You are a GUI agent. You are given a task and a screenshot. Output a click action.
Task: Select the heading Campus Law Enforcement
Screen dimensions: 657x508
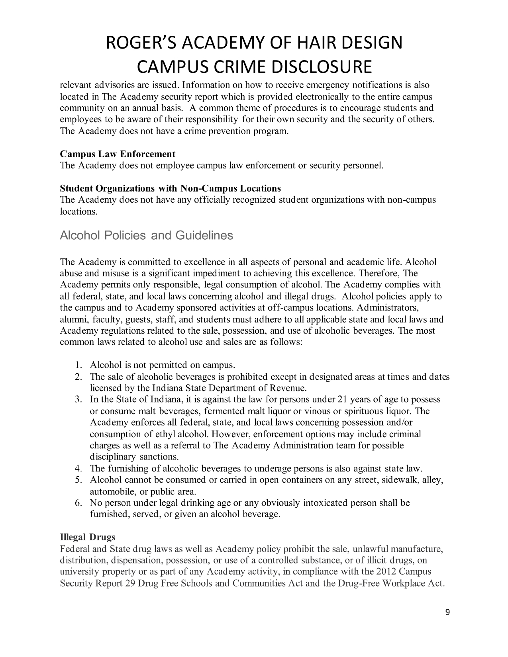[x=118, y=154]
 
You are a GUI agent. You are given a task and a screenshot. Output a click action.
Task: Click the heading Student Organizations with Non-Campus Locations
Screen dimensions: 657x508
[x=170, y=188]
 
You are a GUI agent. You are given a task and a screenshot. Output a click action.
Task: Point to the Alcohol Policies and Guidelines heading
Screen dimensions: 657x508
[x=146, y=235]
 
